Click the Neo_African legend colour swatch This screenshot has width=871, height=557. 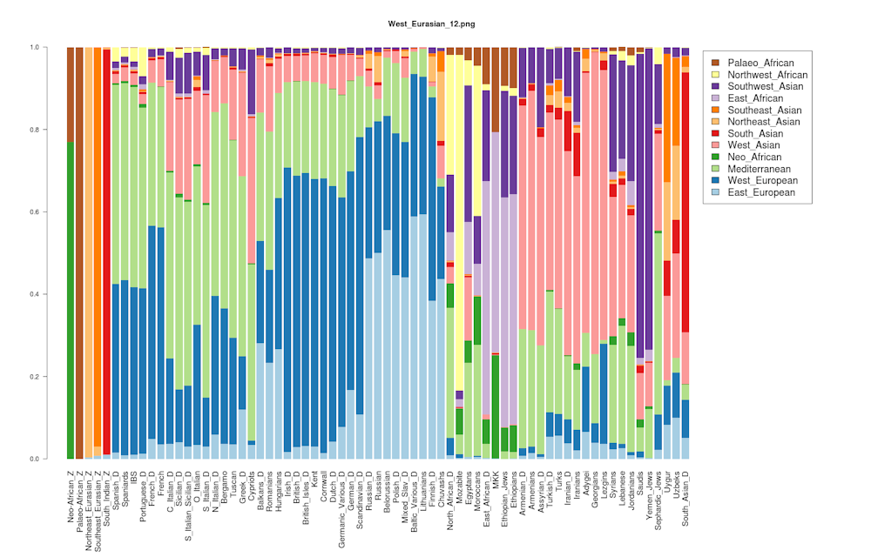coord(715,157)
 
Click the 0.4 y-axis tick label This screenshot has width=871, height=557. coord(44,294)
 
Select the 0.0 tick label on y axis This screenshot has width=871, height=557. coord(44,459)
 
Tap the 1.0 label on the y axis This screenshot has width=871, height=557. coord(44,47)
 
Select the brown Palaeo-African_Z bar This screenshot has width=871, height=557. coord(79,252)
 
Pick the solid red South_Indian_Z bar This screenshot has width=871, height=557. coord(106,252)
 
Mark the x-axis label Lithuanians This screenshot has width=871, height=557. coord(422,493)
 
